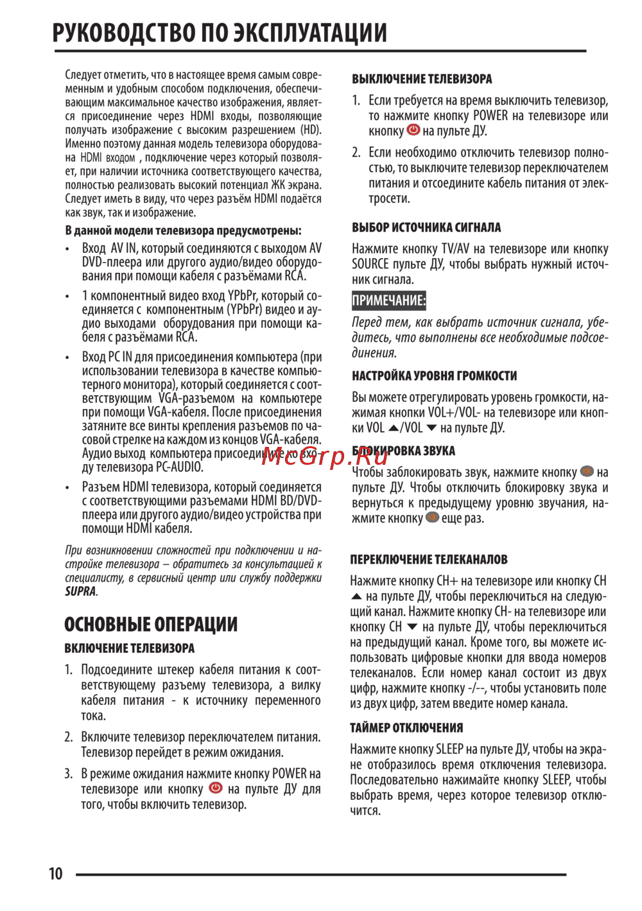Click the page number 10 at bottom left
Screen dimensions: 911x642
click(56, 874)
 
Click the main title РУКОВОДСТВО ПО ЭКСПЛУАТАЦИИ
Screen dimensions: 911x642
click(220, 33)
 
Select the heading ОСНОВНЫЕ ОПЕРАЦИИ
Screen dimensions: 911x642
click(151, 624)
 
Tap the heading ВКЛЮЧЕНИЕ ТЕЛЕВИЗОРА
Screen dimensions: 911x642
click(129, 648)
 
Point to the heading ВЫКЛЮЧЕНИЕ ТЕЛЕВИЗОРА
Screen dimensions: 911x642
click(422, 79)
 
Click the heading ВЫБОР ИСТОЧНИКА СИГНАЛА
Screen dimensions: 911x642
click(426, 227)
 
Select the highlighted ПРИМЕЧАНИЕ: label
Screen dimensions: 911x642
click(388, 300)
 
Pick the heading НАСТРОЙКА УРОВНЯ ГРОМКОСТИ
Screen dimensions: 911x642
click(434, 376)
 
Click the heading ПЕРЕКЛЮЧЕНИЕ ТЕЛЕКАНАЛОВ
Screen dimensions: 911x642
click(429, 559)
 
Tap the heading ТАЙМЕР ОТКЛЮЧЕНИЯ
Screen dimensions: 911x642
click(406, 727)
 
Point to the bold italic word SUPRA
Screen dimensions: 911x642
click(80, 591)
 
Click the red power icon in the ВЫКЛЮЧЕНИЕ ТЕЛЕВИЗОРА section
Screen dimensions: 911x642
click(413, 130)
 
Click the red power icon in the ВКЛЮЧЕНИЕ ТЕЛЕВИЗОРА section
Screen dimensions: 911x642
click(216, 788)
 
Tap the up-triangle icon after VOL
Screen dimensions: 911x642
click(394, 428)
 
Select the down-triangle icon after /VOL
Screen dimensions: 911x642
click(431, 428)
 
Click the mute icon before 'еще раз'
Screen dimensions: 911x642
click(432, 517)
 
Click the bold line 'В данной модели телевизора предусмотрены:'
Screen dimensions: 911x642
click(183, 230)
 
